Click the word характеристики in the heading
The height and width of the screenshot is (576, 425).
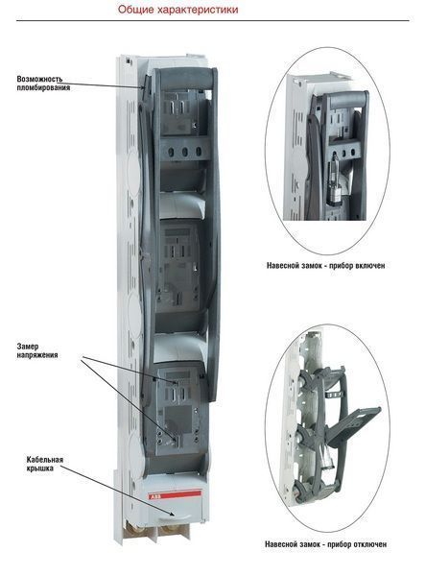point(198,10)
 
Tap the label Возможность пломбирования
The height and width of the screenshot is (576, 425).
point(43,84)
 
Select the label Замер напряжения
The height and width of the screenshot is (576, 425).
point(37,350)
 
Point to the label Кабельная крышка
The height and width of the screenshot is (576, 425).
point(45,464)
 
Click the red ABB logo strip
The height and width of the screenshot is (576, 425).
point(175,494)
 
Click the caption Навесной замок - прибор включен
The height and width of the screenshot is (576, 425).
point(326,265)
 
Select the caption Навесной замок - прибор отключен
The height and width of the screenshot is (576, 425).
point(326,544)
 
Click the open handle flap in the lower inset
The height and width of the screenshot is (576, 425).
point(353,425)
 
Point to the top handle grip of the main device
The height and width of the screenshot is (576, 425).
point(186,79)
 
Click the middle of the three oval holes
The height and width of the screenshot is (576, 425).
point(184,152)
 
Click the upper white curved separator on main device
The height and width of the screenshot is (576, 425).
point(181,205)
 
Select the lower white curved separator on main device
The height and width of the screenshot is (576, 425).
point(178,348)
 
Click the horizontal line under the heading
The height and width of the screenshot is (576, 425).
point(213,20)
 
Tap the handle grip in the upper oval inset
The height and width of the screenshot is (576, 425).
point(348,100)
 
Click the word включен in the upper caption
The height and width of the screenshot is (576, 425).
point(370,265)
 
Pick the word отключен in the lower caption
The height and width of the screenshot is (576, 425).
point(370,544)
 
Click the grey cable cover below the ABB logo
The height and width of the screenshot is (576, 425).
point(175,511)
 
